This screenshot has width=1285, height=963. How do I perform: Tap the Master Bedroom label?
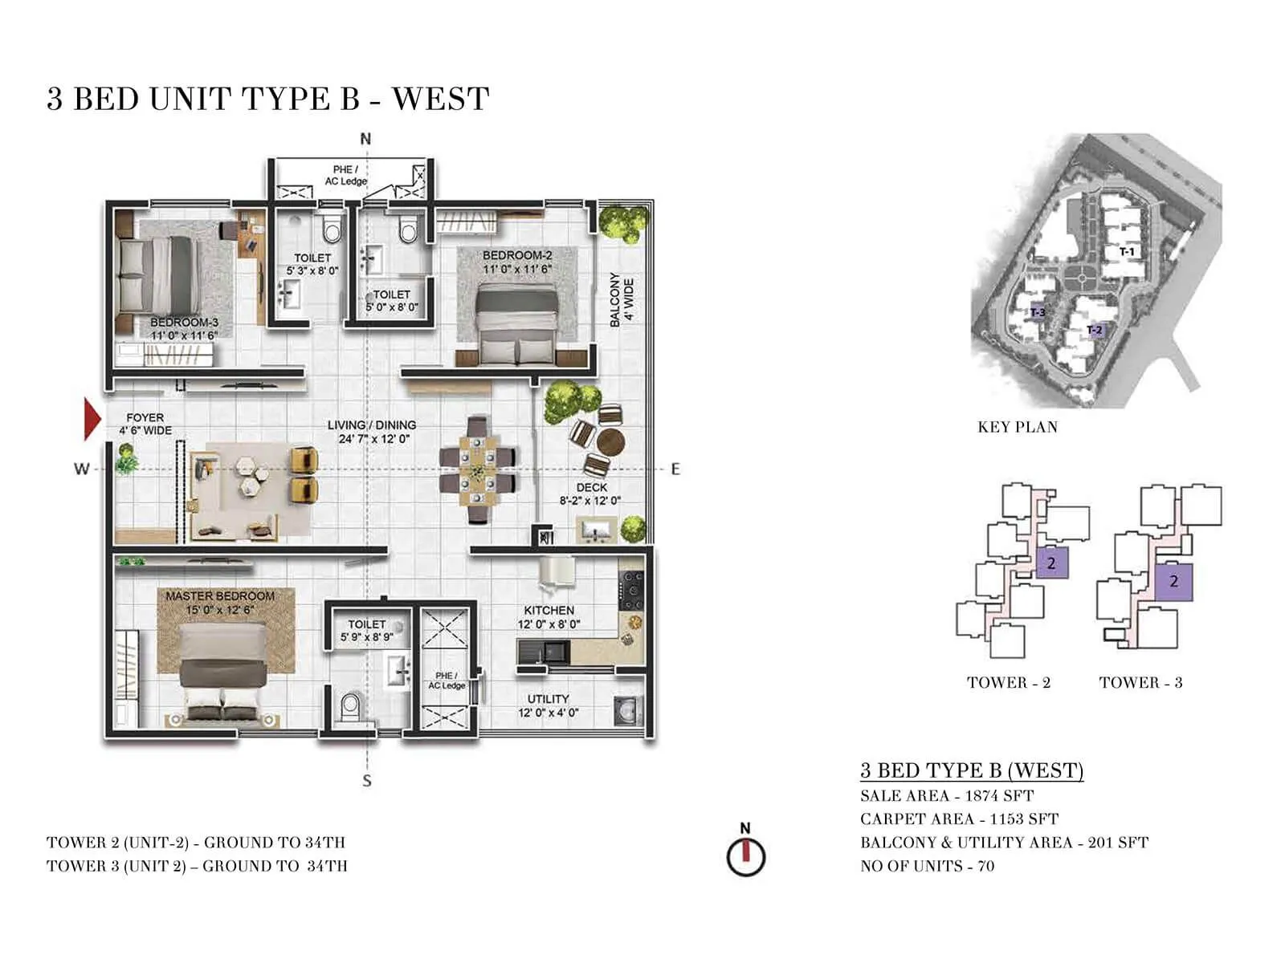(220, 596)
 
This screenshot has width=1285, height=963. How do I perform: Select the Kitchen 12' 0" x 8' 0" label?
(549, 617)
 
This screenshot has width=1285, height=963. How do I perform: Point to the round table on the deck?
(610, 441)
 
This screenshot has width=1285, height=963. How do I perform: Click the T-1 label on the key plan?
(1128, 252)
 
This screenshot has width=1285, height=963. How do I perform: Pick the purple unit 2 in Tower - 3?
(1173, 581)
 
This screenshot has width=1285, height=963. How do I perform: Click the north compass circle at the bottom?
(746, 857)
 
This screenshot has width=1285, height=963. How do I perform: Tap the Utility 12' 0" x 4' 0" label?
(548, 705)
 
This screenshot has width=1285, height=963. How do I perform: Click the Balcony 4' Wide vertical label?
(622, 299)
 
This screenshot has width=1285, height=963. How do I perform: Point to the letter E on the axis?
(675, 469)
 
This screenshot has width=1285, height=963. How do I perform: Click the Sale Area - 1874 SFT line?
(946, 795)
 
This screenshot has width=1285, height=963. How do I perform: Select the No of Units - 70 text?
(927, 866)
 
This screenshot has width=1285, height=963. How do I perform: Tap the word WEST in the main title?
(440, 100)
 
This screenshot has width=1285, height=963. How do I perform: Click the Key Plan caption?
(1017, 427)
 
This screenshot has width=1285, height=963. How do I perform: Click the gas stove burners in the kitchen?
(631, 591)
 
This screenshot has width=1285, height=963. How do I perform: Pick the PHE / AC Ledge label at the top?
(345, 175)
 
